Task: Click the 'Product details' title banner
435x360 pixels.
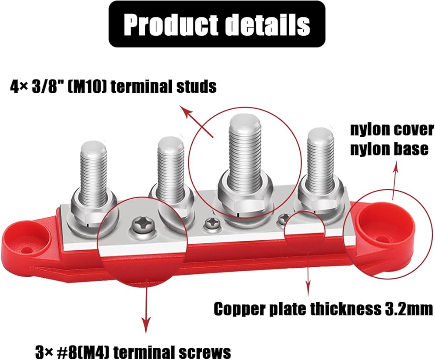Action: pos(217,24)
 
